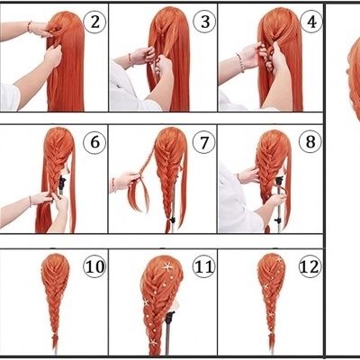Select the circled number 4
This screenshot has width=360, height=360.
pos(310,21)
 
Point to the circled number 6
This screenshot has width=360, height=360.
pos(94,142)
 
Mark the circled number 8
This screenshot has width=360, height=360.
pos(310,141)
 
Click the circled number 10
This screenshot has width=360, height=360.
pos(94,265)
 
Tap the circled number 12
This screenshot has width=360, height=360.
pos(310,266)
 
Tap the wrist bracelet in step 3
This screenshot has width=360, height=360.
pos(130,60)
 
